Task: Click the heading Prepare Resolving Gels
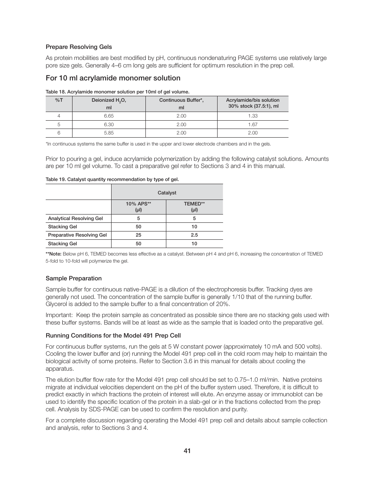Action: click(x=78, y=47)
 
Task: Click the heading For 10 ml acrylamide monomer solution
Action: click(x=113, y=78)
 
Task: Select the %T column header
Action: click(x=59, y=100)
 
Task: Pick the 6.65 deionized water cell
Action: click(x=109, y=116)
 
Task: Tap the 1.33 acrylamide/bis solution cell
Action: click(x=253, y=116)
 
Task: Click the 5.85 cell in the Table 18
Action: click(x=109, y=133)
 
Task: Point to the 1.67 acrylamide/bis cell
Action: click(x=253, y=125)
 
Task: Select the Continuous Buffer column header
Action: click(x=181, y=100)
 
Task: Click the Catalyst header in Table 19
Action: click(x=167, y=193)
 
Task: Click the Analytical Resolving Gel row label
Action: click(x=75, y=218)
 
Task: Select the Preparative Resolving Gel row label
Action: click(x=77, y=235)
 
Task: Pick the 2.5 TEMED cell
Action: click(x=194, y=235)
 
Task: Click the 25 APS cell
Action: click(x=138, y=235)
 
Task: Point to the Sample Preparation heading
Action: click(x=74, y=278)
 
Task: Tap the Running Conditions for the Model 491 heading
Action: click(x=113, y=336)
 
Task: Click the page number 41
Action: click(x=187, y=451)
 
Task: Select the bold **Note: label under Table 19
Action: click(x=54, y=254)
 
